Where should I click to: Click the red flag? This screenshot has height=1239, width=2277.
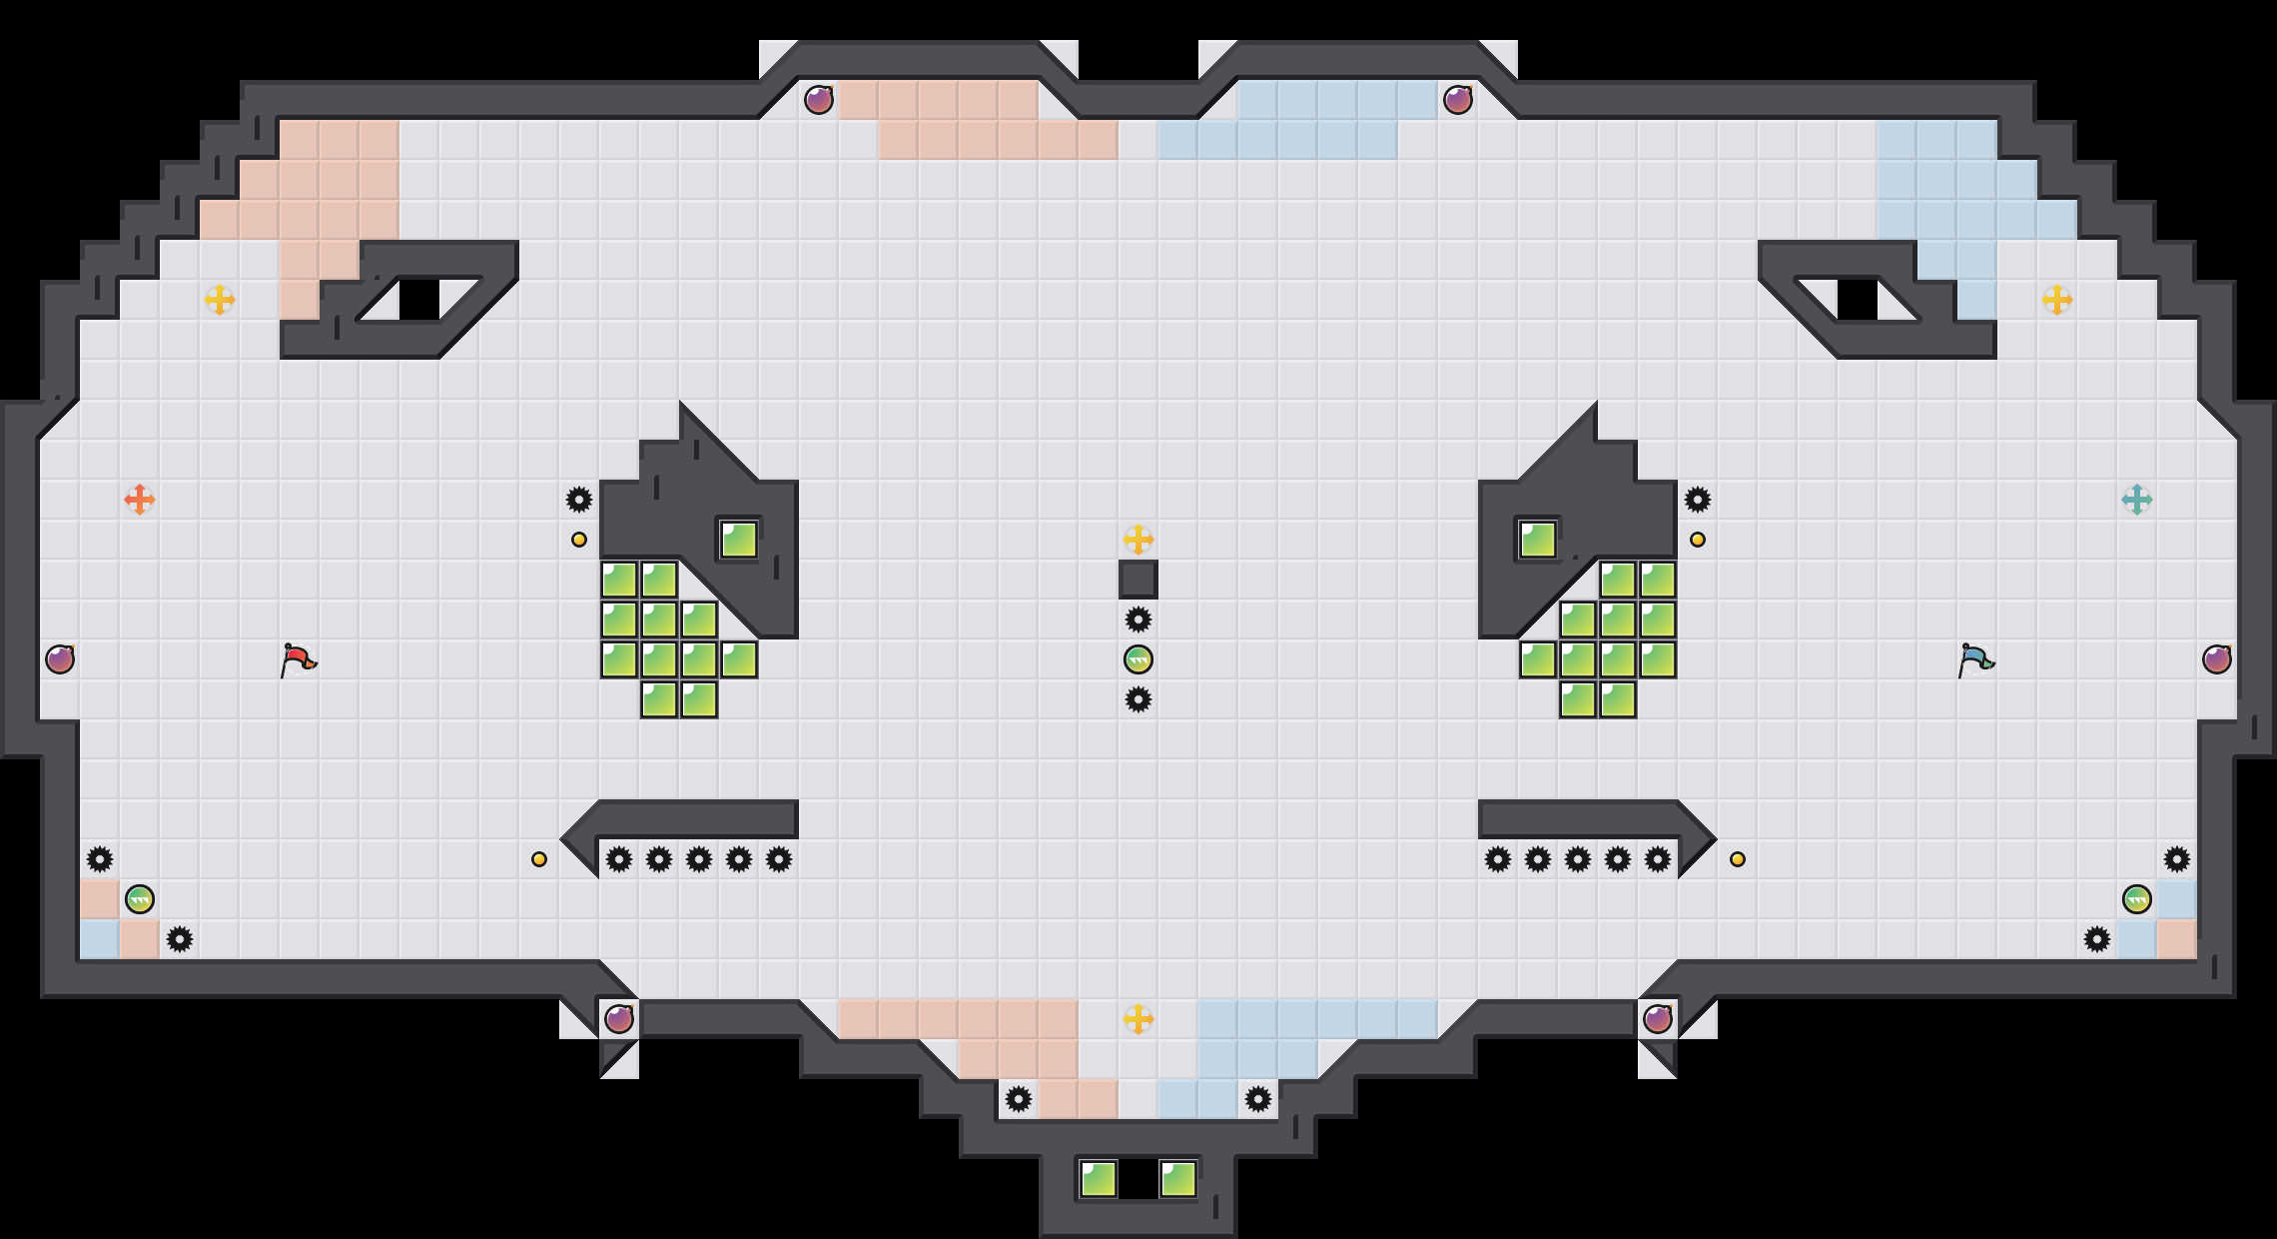point(298,659)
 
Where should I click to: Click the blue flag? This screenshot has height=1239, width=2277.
point(1975,659)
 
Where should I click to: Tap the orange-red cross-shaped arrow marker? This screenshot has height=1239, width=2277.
point(140,499)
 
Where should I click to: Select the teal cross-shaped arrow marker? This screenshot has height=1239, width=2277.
point(2136,499)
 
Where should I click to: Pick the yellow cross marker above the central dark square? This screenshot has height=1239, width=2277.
point(1138,540)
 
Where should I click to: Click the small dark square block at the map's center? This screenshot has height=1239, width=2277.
point(1138,580)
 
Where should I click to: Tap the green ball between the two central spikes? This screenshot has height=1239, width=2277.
point(1138,659)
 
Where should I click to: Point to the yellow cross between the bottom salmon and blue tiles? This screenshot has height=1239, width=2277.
point(1138,1018)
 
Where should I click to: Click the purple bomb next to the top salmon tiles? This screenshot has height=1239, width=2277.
point(819,100)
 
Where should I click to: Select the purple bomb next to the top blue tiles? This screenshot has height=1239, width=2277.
point(1458,100)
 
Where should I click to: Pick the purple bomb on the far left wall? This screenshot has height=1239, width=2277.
point(60,659)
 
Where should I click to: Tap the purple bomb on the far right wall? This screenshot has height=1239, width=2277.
point(2217,659)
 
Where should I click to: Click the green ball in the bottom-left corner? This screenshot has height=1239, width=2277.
point(140,899)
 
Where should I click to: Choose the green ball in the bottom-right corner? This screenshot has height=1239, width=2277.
point(2137,899)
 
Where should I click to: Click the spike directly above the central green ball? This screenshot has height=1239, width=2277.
point(1138,619)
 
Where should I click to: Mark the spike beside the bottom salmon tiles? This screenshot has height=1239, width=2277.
point(1019,1099)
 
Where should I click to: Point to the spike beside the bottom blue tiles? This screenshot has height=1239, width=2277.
point(1258,1099)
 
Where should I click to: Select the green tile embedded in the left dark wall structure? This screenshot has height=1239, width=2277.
point(739,540)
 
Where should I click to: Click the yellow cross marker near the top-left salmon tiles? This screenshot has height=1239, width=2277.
point(220,299)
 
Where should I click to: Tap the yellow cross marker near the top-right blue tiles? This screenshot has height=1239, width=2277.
point(2057,299)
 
